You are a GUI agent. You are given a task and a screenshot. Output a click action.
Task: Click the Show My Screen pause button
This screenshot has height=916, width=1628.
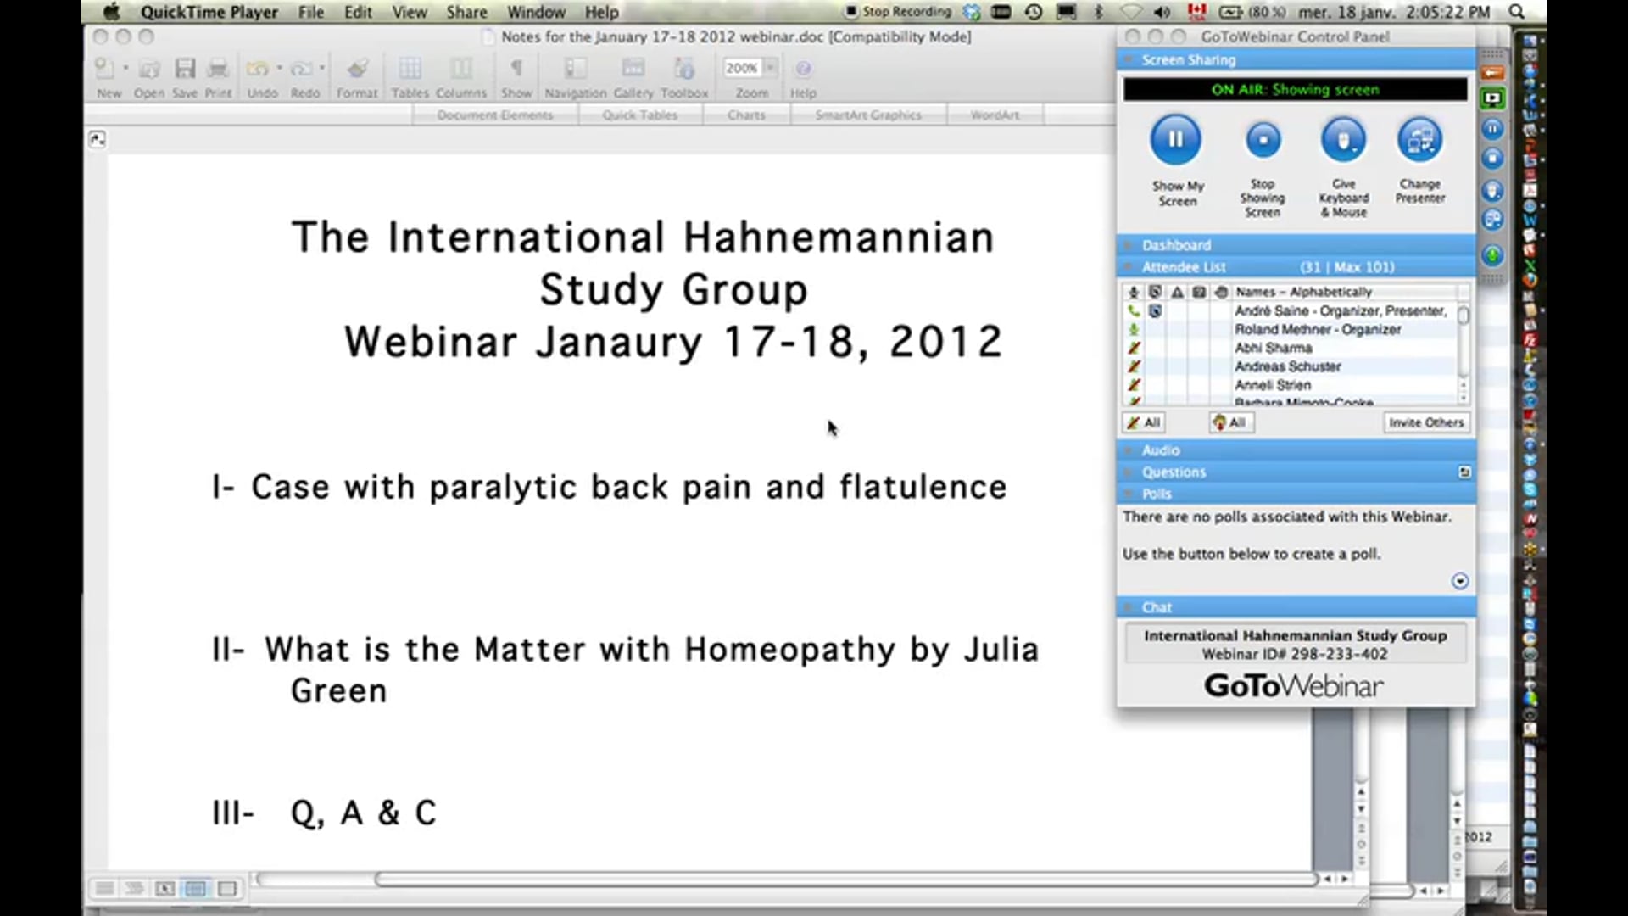[1175, 140]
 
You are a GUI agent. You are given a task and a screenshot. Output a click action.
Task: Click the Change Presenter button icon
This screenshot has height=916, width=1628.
[1419, 140]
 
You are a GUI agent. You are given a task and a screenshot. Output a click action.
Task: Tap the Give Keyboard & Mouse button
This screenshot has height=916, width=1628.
[1343, 140]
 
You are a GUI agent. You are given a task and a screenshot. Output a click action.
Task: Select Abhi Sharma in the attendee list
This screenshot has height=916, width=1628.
[1273, 348]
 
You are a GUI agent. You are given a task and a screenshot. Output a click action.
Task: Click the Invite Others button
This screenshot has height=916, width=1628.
[1425, 422]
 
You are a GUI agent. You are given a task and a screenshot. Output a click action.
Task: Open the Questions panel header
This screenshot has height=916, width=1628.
[1174, 472]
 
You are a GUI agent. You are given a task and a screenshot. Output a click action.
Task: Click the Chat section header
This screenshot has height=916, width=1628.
[1157, 607]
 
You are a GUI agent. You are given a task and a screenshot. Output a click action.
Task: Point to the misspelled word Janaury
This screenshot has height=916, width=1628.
[619, 343]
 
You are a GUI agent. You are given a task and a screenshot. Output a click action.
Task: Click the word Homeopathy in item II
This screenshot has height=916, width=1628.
[789, 650]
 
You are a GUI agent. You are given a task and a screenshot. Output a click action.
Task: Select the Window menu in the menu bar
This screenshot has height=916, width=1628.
[536, 12]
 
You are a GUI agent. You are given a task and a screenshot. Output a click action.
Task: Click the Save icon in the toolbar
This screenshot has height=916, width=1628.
[185, 70]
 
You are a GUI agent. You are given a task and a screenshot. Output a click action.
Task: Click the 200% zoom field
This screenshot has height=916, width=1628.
[741, 68]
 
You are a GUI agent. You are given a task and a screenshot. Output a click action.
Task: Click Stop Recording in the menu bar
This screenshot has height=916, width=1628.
[906, 12]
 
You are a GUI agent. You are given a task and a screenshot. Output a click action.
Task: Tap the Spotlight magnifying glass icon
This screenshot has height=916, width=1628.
[1517, 12]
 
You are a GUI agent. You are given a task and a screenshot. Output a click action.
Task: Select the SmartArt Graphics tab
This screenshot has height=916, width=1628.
[867, 114]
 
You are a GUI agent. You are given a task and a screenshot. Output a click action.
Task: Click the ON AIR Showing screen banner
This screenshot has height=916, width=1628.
[1295, 89]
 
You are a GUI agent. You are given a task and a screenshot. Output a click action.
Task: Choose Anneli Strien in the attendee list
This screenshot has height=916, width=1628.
[1272, 385]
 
